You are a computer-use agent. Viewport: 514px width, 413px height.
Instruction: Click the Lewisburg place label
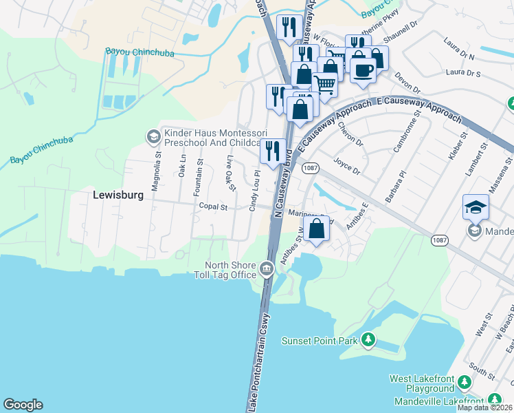(x=118, y=195)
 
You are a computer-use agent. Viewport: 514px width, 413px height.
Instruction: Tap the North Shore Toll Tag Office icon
(x=267, y=269)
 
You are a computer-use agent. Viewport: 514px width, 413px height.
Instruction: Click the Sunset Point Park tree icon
(x=369, y=339)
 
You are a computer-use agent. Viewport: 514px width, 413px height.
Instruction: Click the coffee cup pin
(x=363, y=68)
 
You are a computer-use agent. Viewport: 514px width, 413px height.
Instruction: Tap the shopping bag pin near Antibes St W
(x=317, y=229)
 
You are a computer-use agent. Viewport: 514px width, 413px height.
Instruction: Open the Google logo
(x=23, y=405)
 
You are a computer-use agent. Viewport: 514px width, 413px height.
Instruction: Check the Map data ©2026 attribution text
(x=485, y=407)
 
